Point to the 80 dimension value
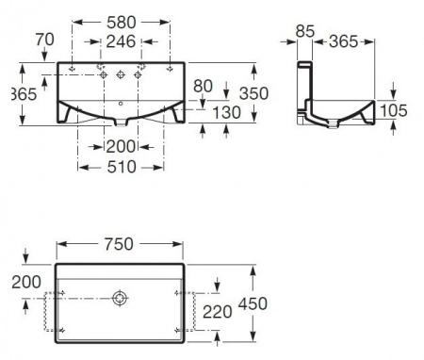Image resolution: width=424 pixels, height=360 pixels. (202, 85)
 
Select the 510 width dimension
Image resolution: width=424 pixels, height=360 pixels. (119, 167)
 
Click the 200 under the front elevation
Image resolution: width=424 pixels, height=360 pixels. (119, 146)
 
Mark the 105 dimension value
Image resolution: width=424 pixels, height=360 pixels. (393, 110)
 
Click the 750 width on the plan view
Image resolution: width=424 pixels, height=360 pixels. (119, 242)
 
